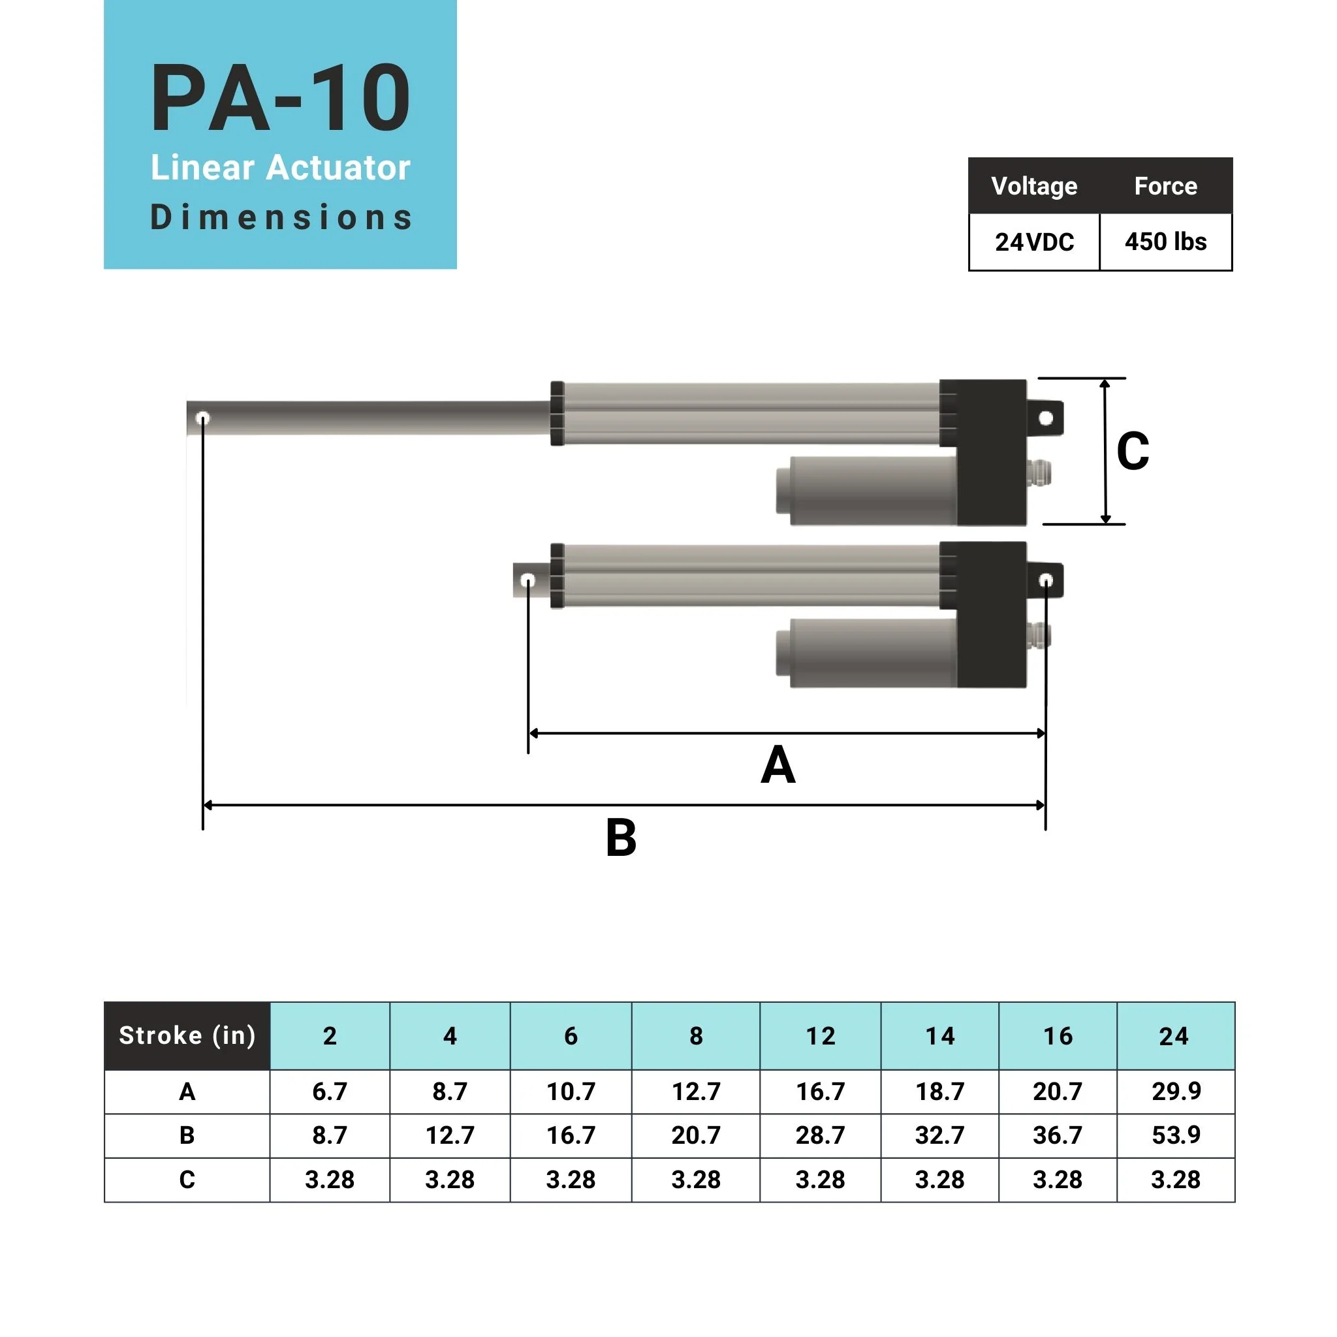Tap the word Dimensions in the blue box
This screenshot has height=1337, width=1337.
280,217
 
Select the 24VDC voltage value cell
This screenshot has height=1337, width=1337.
1034,242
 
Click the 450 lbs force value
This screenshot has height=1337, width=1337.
1165,242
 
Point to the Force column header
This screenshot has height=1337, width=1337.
1165,185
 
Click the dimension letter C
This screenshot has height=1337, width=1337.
1132,451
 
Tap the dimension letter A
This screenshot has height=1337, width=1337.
777,765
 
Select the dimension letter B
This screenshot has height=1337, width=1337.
620,838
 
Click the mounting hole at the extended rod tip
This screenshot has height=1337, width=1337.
203,418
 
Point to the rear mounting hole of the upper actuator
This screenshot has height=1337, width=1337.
1046,417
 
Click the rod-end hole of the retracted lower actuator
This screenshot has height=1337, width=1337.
527,580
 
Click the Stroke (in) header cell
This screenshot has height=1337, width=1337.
187,1035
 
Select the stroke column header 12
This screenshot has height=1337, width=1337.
820,1036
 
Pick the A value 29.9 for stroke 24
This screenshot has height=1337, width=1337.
1176,1092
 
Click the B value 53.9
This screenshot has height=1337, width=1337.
1176,1135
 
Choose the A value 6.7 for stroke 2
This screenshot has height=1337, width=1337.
330,1092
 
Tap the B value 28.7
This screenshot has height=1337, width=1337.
820,1135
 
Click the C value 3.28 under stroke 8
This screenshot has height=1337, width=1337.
695,1179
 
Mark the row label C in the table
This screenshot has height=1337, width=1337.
187,1179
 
